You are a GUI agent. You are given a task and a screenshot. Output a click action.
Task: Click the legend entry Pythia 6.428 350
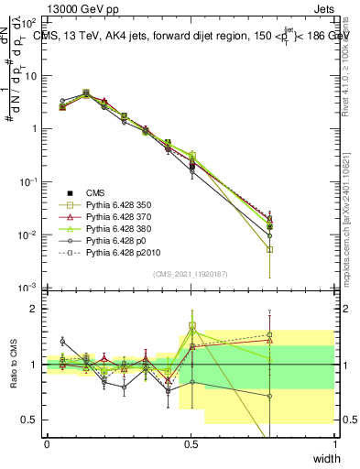pyautogui.click(x=118, y=206)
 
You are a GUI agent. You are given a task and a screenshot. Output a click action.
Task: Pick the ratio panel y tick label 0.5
pyautogui.click(x=31, y=420)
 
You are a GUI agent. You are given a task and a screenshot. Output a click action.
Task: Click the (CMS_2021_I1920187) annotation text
pyautogui.click(x=191, y=273)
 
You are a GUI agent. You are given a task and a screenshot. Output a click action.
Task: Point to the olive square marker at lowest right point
pyautogui.click(x=270, y=249)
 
